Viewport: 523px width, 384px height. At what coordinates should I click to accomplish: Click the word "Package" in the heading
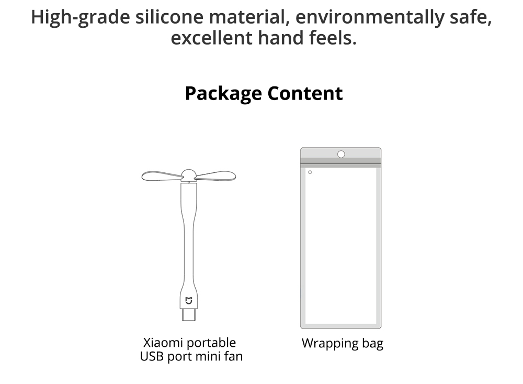click(x=223, y=94)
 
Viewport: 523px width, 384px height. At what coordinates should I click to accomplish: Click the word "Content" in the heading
click(x=305, y=93)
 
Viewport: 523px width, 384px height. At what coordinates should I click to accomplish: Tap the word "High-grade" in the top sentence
click(x=81, y=17)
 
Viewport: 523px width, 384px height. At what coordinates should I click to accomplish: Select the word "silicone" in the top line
click(x=169, y=17)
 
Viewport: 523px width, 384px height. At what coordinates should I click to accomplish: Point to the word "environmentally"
click(x=370, y=17)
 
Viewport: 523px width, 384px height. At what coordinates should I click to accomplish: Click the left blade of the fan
click(x=162, y=175)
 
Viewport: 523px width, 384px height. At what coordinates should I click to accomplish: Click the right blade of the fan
click(x=215, y=175)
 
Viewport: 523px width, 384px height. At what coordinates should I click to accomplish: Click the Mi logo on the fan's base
click(x=189, y=301)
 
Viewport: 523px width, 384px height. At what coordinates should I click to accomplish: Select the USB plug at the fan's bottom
click(x=189, y=314)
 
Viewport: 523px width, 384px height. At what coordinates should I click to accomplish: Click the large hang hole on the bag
click(x=341, y=154)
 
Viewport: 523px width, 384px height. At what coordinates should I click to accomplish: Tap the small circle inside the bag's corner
click(x=310, y=172)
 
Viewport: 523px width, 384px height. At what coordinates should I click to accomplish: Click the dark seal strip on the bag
click(x=341, y=163)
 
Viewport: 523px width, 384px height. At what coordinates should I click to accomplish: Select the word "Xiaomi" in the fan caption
click(x=163, y=343)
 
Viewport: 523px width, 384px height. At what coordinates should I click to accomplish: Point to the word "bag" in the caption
click(x=372, y=344)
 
